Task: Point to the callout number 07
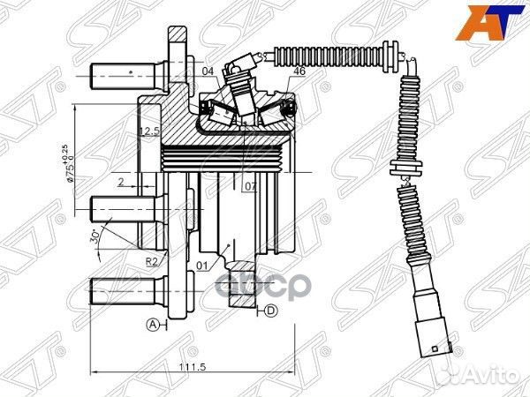(x=250, y=187)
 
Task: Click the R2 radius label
(x=152, y=262)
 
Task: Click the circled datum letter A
(x=152, y=325)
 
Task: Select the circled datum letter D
(x=271, y=310)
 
